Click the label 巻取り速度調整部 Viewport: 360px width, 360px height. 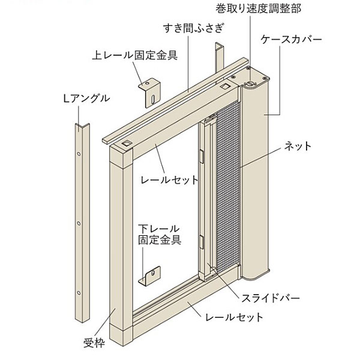pyautogui.click(x=258, y=9)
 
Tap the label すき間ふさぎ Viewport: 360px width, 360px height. pyautogui.click(x=194, y=28)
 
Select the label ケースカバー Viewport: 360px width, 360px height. pyautogui.click(x=292, y=40)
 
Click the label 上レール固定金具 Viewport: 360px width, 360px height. pyautogui.click(x=135, y=55)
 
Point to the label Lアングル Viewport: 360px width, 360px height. pyautogui.click(x=86, y=99)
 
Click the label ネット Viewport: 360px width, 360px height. pyautogui.click(x=298, y=146)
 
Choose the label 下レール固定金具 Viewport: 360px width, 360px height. pyautogui.click(x=160, y=235)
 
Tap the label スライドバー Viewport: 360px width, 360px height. pyautogui.click(x=271, y=298)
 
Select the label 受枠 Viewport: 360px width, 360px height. pyautogui.click(x=94, y=343)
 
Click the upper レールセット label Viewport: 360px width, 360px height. pyautogui.click(x=169, y=180)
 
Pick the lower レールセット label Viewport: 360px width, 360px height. pyautogui.click(x=234, y=317)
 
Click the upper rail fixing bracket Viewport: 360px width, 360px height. pyautogui.click(x=149, y=92)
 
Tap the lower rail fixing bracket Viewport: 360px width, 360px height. pyautogui.click(x=149, y=276)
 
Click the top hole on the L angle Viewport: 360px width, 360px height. pyautogui.click(x=79, y=154)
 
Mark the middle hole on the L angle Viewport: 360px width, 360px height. pyautogui.click(x=79, y=223)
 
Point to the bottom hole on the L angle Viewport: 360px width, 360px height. pyautogui.click(x=79, y=293)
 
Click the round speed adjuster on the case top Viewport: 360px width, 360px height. pyautogui.click(x=250, y=84)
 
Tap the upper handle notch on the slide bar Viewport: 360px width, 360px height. pyautogui.click(x=202, y=157)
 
